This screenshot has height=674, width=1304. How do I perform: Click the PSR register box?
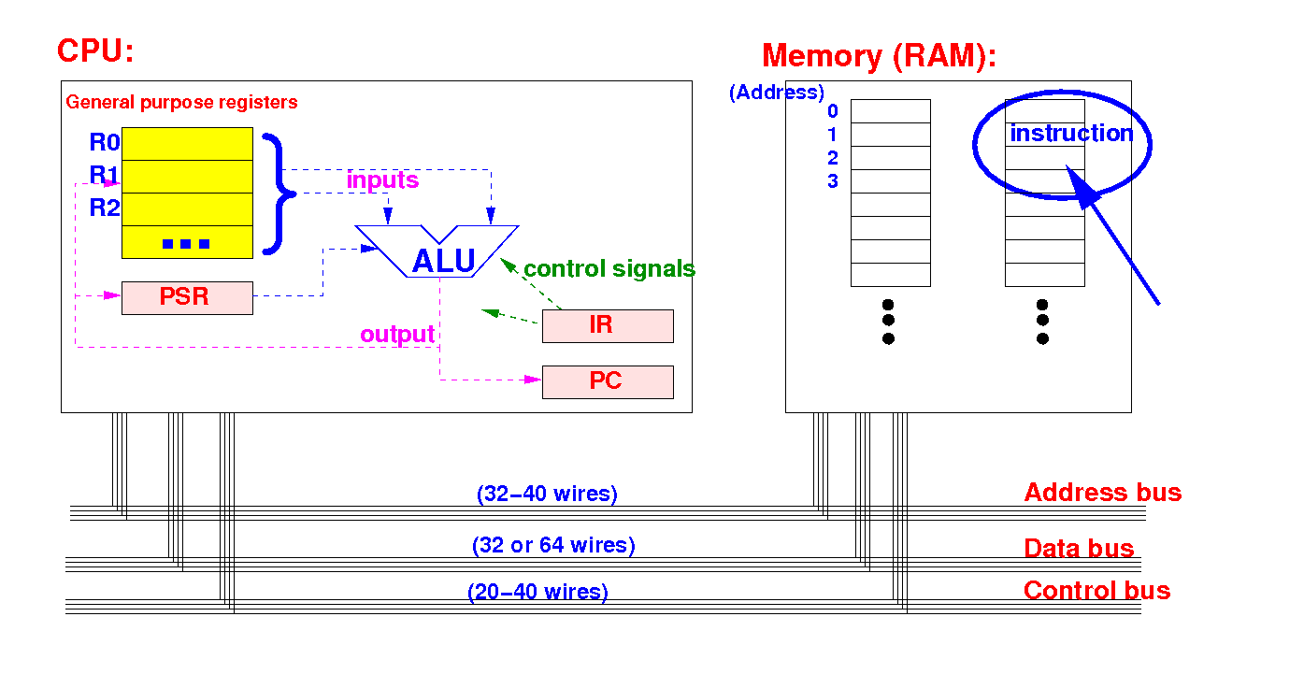tap(187, 298)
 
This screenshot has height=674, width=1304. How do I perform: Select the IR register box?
tap(608, 326)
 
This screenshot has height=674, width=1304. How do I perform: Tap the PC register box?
tap(608, 381)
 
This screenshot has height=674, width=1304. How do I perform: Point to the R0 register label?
tap(104, 143)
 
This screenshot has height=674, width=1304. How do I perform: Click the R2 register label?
tap(104, 208)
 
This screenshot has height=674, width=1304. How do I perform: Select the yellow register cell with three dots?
tap(187, 242)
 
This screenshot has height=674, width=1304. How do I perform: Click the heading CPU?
tap(95, 50)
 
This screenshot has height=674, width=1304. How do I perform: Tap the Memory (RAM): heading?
tap(879, 57)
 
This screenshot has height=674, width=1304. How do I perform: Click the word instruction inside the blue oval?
tap(1072, 134)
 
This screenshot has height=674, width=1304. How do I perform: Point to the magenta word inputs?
tap(382, 179)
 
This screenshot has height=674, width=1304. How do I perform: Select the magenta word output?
tap(397, 334)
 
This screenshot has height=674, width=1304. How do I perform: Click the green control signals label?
tap(609, 269)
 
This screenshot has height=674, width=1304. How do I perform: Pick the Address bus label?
tap(1103, 493)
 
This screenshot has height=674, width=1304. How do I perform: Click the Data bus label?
tap(1079, 549)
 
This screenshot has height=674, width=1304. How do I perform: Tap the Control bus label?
tap(1096, 590)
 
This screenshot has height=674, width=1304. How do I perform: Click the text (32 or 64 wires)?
tap(553, 545)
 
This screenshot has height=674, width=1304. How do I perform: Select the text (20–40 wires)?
tap(537, 592)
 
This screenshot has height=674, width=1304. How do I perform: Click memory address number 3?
tap(833, 181)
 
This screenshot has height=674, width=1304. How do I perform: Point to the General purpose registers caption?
tap(181, 103)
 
